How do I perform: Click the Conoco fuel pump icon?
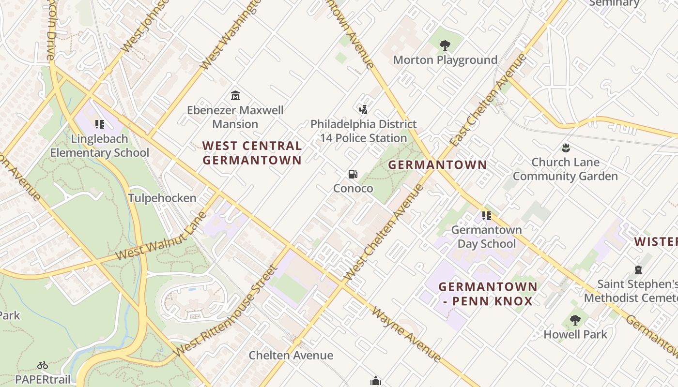coord(353,174)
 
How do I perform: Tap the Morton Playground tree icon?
coord(445,45)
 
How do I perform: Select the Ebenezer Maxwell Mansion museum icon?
coord(235,95)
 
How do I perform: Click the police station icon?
coord(363,109)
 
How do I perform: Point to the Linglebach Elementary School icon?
coord(100,124)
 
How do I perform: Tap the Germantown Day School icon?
coord(486,215)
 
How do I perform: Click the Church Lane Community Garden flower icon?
coord(565,148)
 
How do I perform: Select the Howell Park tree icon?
coord(575,320)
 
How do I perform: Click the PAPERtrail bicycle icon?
coord(43,365)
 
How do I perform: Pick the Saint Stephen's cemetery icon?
coord(638,269)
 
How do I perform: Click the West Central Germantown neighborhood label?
coord(252,153)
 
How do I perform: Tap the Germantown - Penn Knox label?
coord(488,294)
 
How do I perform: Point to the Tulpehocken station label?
coord(162,198)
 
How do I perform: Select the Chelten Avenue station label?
coord(291,356)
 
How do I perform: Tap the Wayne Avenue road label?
coord(406,333)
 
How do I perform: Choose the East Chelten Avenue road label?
coord(488,100)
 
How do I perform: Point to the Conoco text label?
coord(353,189)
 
